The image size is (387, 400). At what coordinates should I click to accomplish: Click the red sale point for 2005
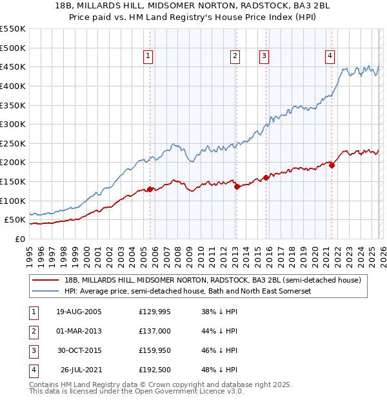(x=150, y=189)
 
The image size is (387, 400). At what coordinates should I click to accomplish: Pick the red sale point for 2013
(x=236, y=186)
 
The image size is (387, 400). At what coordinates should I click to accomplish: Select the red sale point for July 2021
(x=332, y=165)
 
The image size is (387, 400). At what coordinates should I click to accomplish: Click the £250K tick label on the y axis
(x=13, y=143)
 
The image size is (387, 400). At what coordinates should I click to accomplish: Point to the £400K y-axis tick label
(x=13, y=86)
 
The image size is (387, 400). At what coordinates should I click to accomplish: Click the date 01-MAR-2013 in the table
(x=79, y=331)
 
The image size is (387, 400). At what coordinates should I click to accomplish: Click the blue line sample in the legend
(x=46, y=291)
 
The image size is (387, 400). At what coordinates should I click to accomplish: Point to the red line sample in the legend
(x=46, y=279)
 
